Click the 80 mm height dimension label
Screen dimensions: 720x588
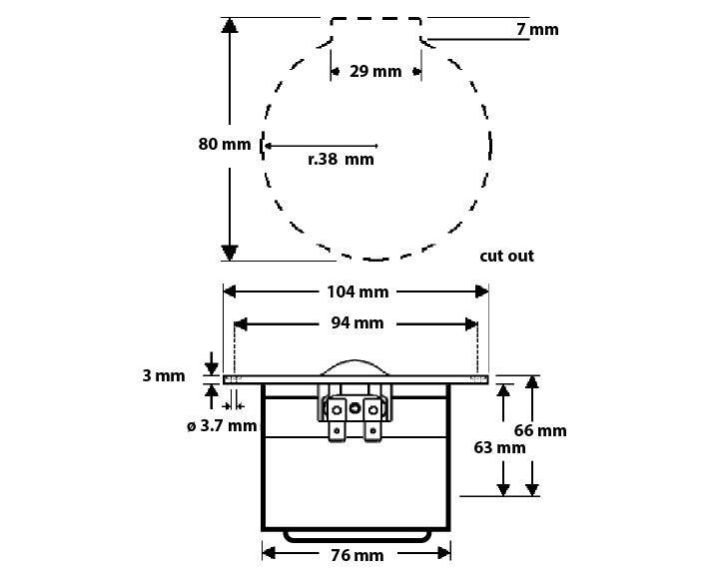coord(225,144)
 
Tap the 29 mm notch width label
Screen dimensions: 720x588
coord(375,72)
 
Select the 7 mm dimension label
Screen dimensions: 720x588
coord(537,29)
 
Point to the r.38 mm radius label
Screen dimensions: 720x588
coord(341,160)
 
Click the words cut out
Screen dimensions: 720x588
coord(506,256)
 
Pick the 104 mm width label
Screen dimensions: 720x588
coord(358,292)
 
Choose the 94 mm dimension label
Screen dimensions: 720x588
coord(358,323)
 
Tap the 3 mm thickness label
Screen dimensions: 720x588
coord(164,376)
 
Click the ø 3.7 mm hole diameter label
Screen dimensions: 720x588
coord(222,426)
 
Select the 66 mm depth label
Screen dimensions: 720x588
coord(540,430)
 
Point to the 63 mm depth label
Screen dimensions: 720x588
coord(499,447)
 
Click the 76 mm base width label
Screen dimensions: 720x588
coord(358,555)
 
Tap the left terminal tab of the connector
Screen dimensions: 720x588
coord(337,420)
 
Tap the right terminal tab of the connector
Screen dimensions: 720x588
coord(372,420)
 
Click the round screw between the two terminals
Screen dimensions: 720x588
coord(355,408)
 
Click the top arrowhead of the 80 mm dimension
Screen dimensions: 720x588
coord(229,25)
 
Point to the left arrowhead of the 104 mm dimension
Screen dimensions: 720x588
coord(230,292)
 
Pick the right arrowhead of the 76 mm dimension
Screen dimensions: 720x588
coord(444,553)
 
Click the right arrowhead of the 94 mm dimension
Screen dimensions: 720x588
coord(471,324)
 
